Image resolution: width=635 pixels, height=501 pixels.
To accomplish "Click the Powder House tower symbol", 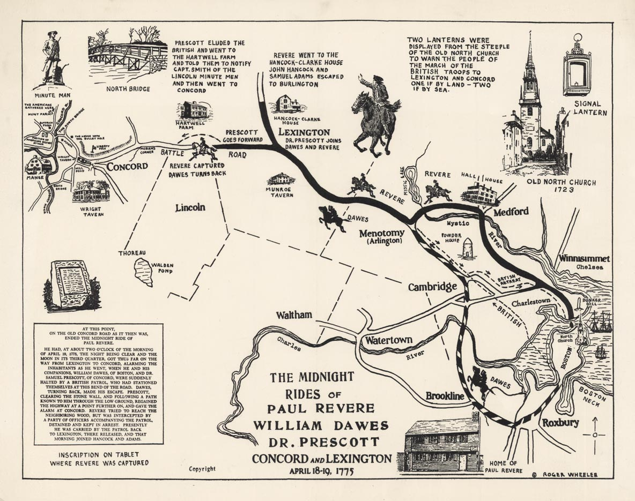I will click(x=468, y=249).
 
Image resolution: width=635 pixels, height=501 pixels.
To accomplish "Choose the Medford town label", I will click(x=511, y=211).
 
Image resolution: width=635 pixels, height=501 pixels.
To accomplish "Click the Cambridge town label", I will click(x=432, y=287).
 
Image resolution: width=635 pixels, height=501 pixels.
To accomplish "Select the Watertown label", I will click(x=389, y=340).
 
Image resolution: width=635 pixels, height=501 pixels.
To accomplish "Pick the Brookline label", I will click(x=445, y=396).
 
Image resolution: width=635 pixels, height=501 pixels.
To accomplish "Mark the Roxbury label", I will click(x=560, y=423).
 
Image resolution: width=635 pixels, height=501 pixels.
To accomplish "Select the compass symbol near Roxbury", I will click(x=594, y=435).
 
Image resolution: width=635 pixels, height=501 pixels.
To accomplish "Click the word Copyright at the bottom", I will click(x=202, y=468).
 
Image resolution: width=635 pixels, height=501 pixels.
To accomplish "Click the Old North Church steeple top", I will click(x=529, y=40).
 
